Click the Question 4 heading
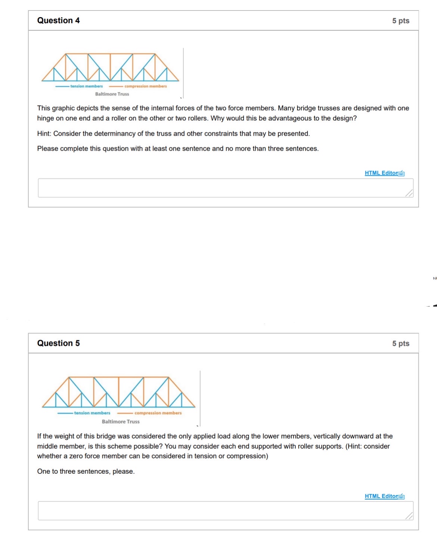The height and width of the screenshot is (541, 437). pyautogui.click(x=58, y=21)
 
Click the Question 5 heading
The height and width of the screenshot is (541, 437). pyautogui.click(x=58, y=343)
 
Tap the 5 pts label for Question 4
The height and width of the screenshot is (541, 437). pyautogui.click(x=400, y=21)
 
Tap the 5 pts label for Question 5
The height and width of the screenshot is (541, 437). pyautogui.click(x=400, y=344)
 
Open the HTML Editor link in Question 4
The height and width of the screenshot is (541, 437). pyautogui.click(x=381, y=173)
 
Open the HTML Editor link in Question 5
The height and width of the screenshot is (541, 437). pyautogui.click(x=381, y=496)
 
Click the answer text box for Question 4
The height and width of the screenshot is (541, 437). pyautogui.click(x=224, y=188)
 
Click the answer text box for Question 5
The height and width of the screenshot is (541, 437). pyautogui.click(x=224, y=511)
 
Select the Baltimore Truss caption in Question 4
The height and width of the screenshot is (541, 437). pyautogui.click(x=112, y=94)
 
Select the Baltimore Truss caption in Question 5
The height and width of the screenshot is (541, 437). pyautogui.click(x=121, y=422)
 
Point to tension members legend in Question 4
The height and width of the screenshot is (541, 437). pyautogui.click(x=86, y=86)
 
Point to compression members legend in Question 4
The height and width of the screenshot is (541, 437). pyautogui.click(x=145, y=86)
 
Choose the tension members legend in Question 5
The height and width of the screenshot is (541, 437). pyautogui.click(x=92, y=413)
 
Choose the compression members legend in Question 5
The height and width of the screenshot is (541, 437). pyautogui.click(x=158, y=413)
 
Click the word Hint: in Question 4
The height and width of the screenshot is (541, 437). pyautogui.click(x=44, y=134)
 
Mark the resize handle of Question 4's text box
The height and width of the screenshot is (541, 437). pyautogui.click(x=409, y=193)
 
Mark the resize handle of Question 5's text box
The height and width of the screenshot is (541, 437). pyautogui.click(x=409, y=516)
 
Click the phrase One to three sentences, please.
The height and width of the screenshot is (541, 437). pyautogui.click(x=86, y=471)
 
